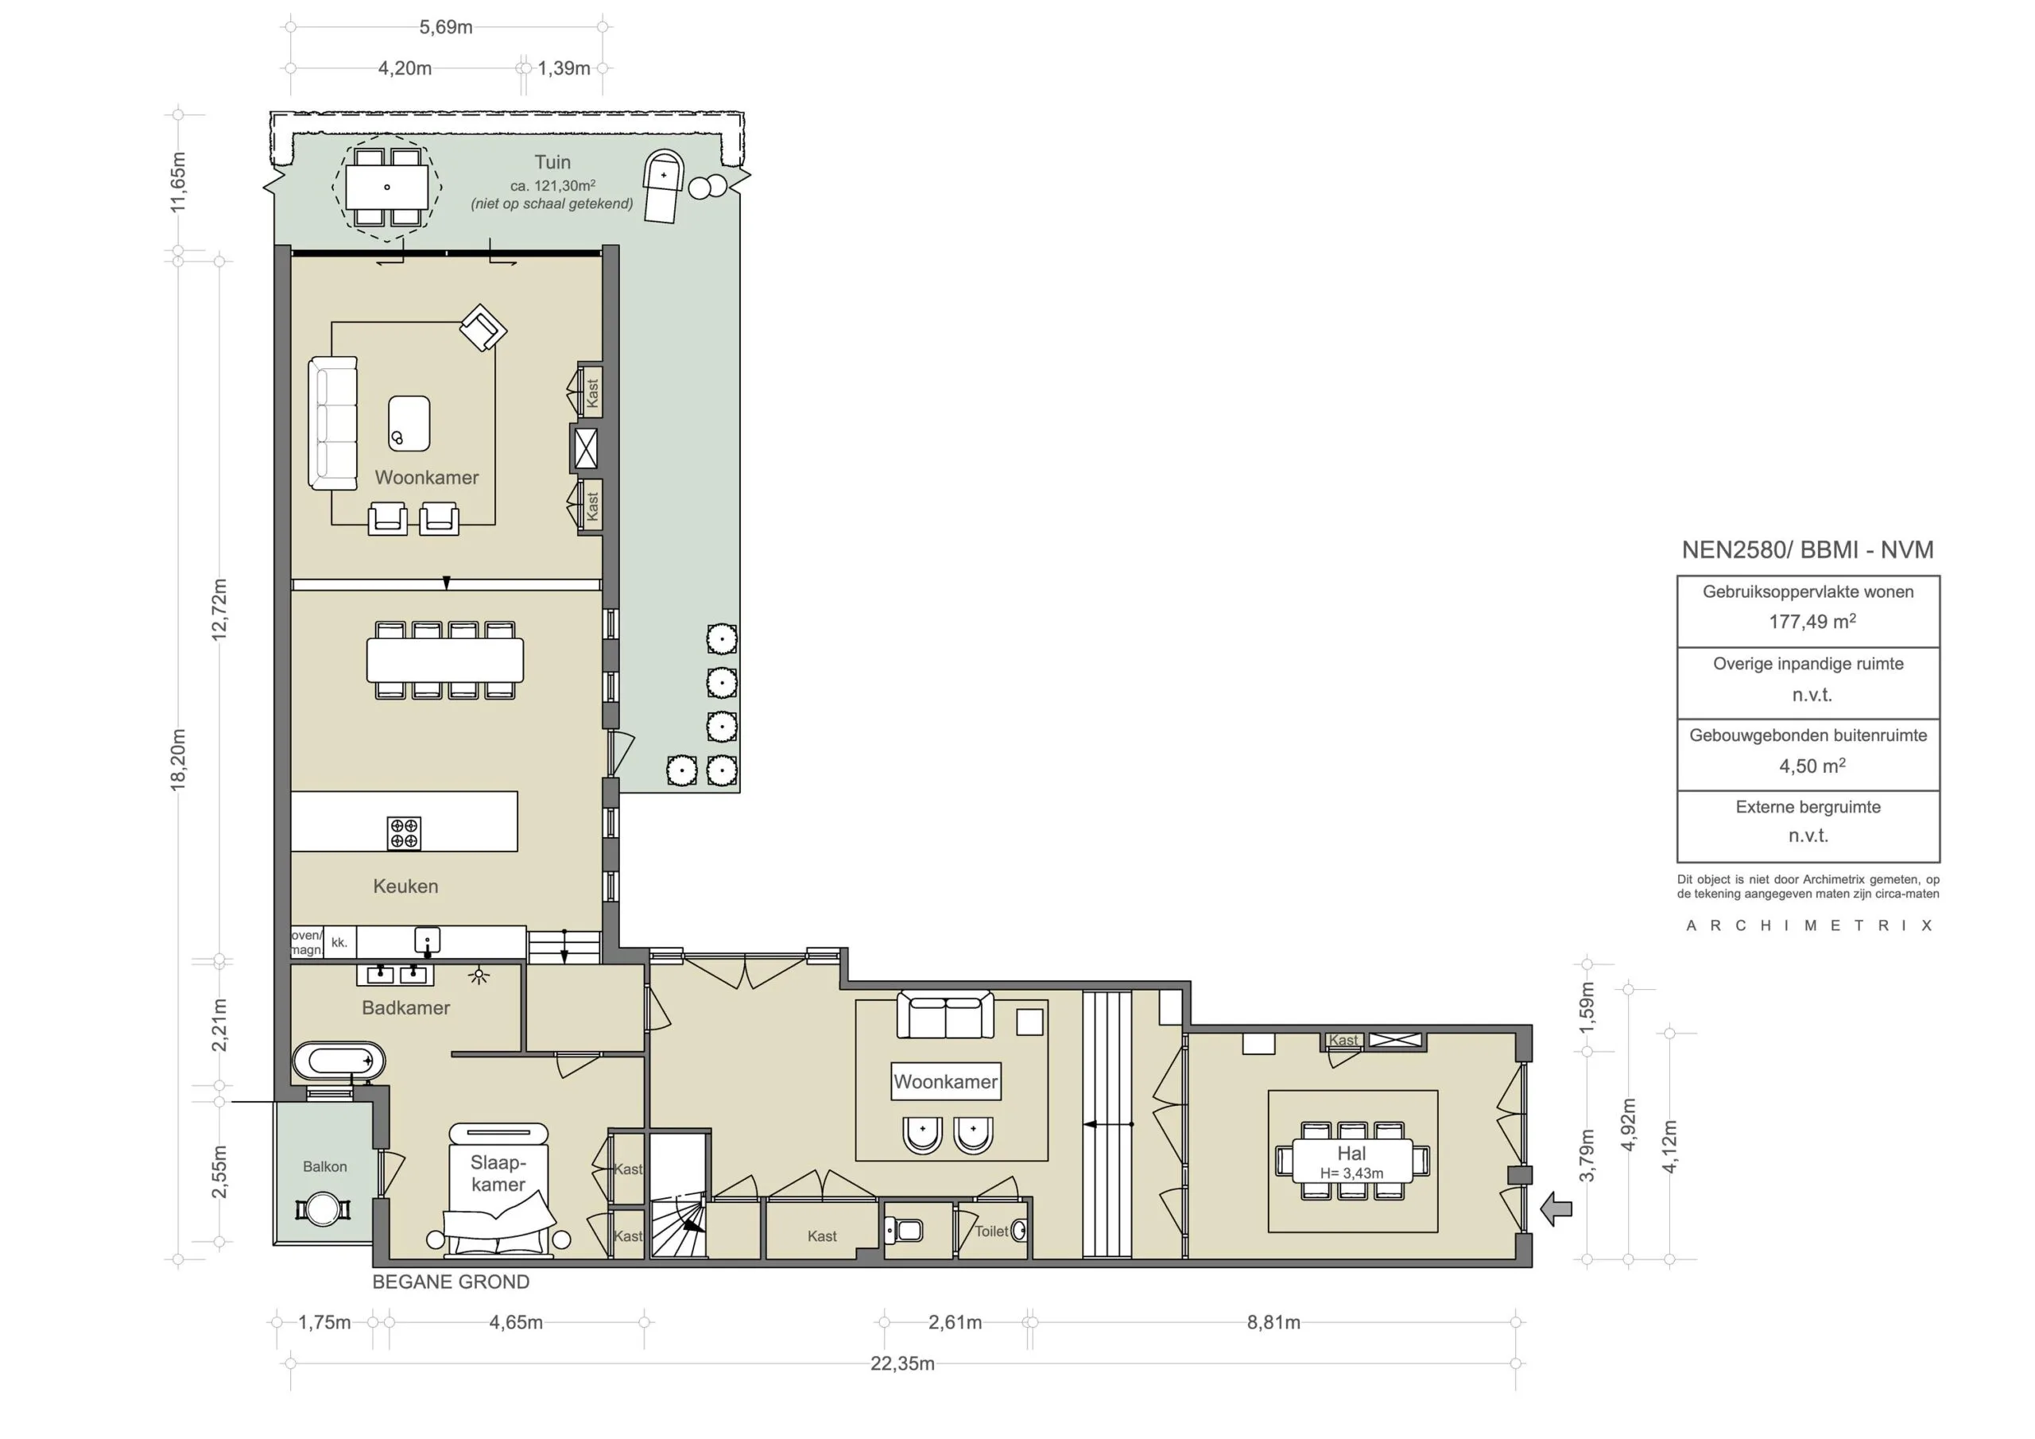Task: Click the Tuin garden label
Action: coord(552,162)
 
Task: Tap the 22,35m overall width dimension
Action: coord(901,1363)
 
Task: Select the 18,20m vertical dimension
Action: coord(178,759)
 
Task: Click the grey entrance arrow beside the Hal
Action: coord(1556,1209)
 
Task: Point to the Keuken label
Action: coord(405,886)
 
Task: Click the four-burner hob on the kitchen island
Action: coord(404,832)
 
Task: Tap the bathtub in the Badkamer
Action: coord(339,1061)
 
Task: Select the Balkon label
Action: coord(324,1167)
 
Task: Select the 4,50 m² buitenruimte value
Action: coord(1811,766)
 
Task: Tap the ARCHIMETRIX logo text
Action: coord(1808,925)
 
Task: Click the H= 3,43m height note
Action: coord(1351,1173)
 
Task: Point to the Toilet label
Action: coord(991,1231)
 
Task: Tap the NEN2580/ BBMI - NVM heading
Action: coord(1807,549)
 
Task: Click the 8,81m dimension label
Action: coord(1273,1323)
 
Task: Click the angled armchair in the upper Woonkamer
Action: coord(483,328)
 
